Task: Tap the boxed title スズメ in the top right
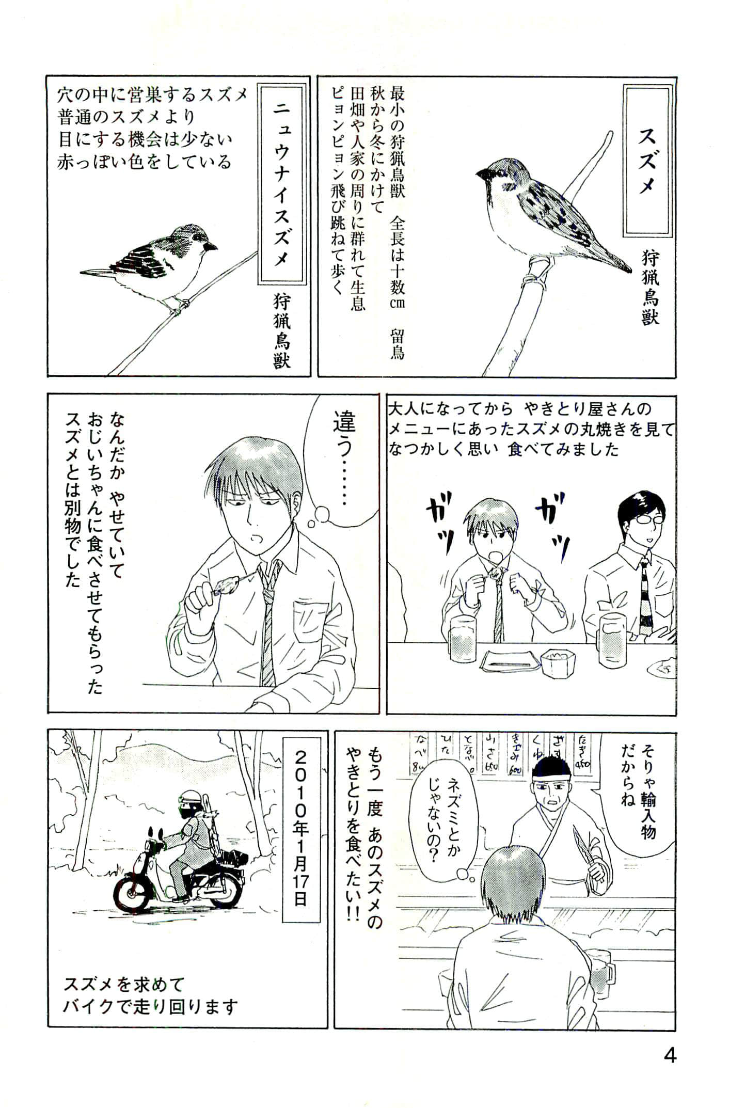tap(647, 160)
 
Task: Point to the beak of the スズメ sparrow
tap(482, 174)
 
